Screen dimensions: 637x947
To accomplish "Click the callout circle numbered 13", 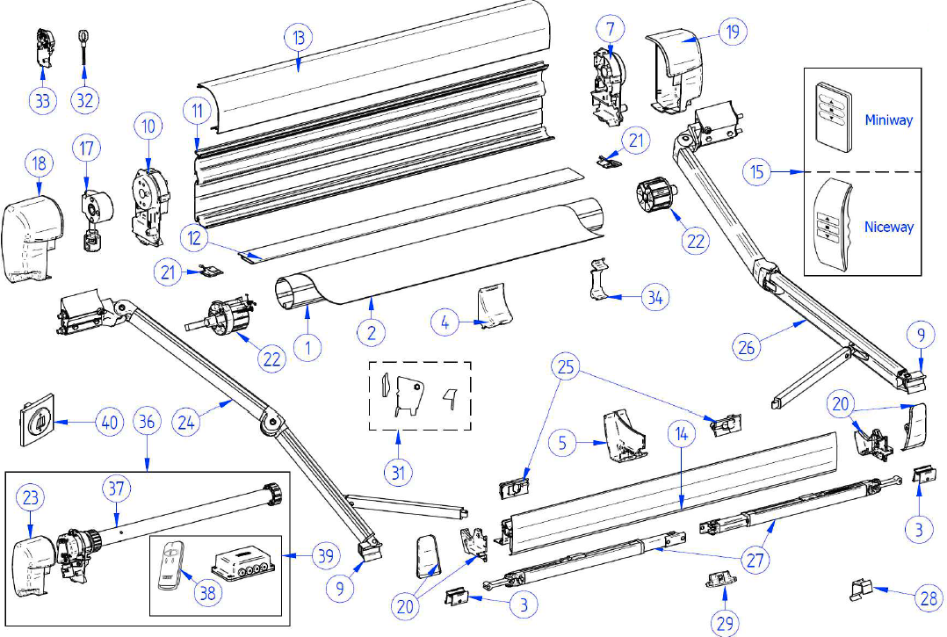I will point(299,39).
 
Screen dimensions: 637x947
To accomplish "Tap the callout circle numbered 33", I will point(41,100).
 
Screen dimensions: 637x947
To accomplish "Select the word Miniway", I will point(888,119).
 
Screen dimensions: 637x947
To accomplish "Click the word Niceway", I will point(888,227).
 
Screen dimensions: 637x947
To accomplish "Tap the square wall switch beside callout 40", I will point(36,422).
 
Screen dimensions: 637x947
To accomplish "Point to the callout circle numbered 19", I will point(732,32).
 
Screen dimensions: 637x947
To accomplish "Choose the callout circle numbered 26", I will point(747,348).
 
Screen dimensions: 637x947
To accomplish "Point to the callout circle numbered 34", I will point(654,299).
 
